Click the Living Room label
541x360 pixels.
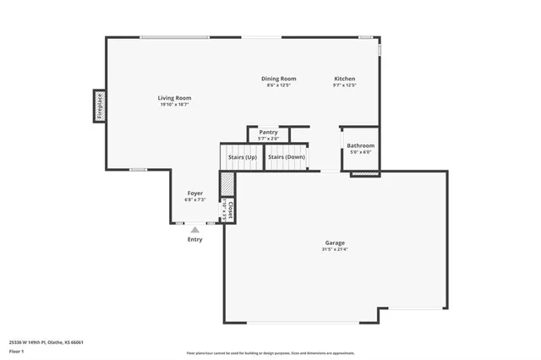[174, 98]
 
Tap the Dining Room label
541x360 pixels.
[278, 79]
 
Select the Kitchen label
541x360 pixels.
[344, 79]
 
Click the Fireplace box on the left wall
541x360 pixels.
[99, 106]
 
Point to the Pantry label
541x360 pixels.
[268, 133]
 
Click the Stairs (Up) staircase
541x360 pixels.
[237, 157]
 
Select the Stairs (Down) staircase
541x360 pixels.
[286, 157]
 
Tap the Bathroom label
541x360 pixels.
[360, 145]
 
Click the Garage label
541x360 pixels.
[335, 243]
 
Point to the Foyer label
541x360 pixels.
[195, 194]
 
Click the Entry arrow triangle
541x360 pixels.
[195, 229]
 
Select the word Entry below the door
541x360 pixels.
[195, 240]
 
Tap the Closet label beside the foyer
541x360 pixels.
[231, 208]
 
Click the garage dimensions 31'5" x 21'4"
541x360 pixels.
[335, 249]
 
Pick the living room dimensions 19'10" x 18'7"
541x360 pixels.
[174, 105]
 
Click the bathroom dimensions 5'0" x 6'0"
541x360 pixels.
[360, 152]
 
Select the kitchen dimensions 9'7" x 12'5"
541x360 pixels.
[344, 85]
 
